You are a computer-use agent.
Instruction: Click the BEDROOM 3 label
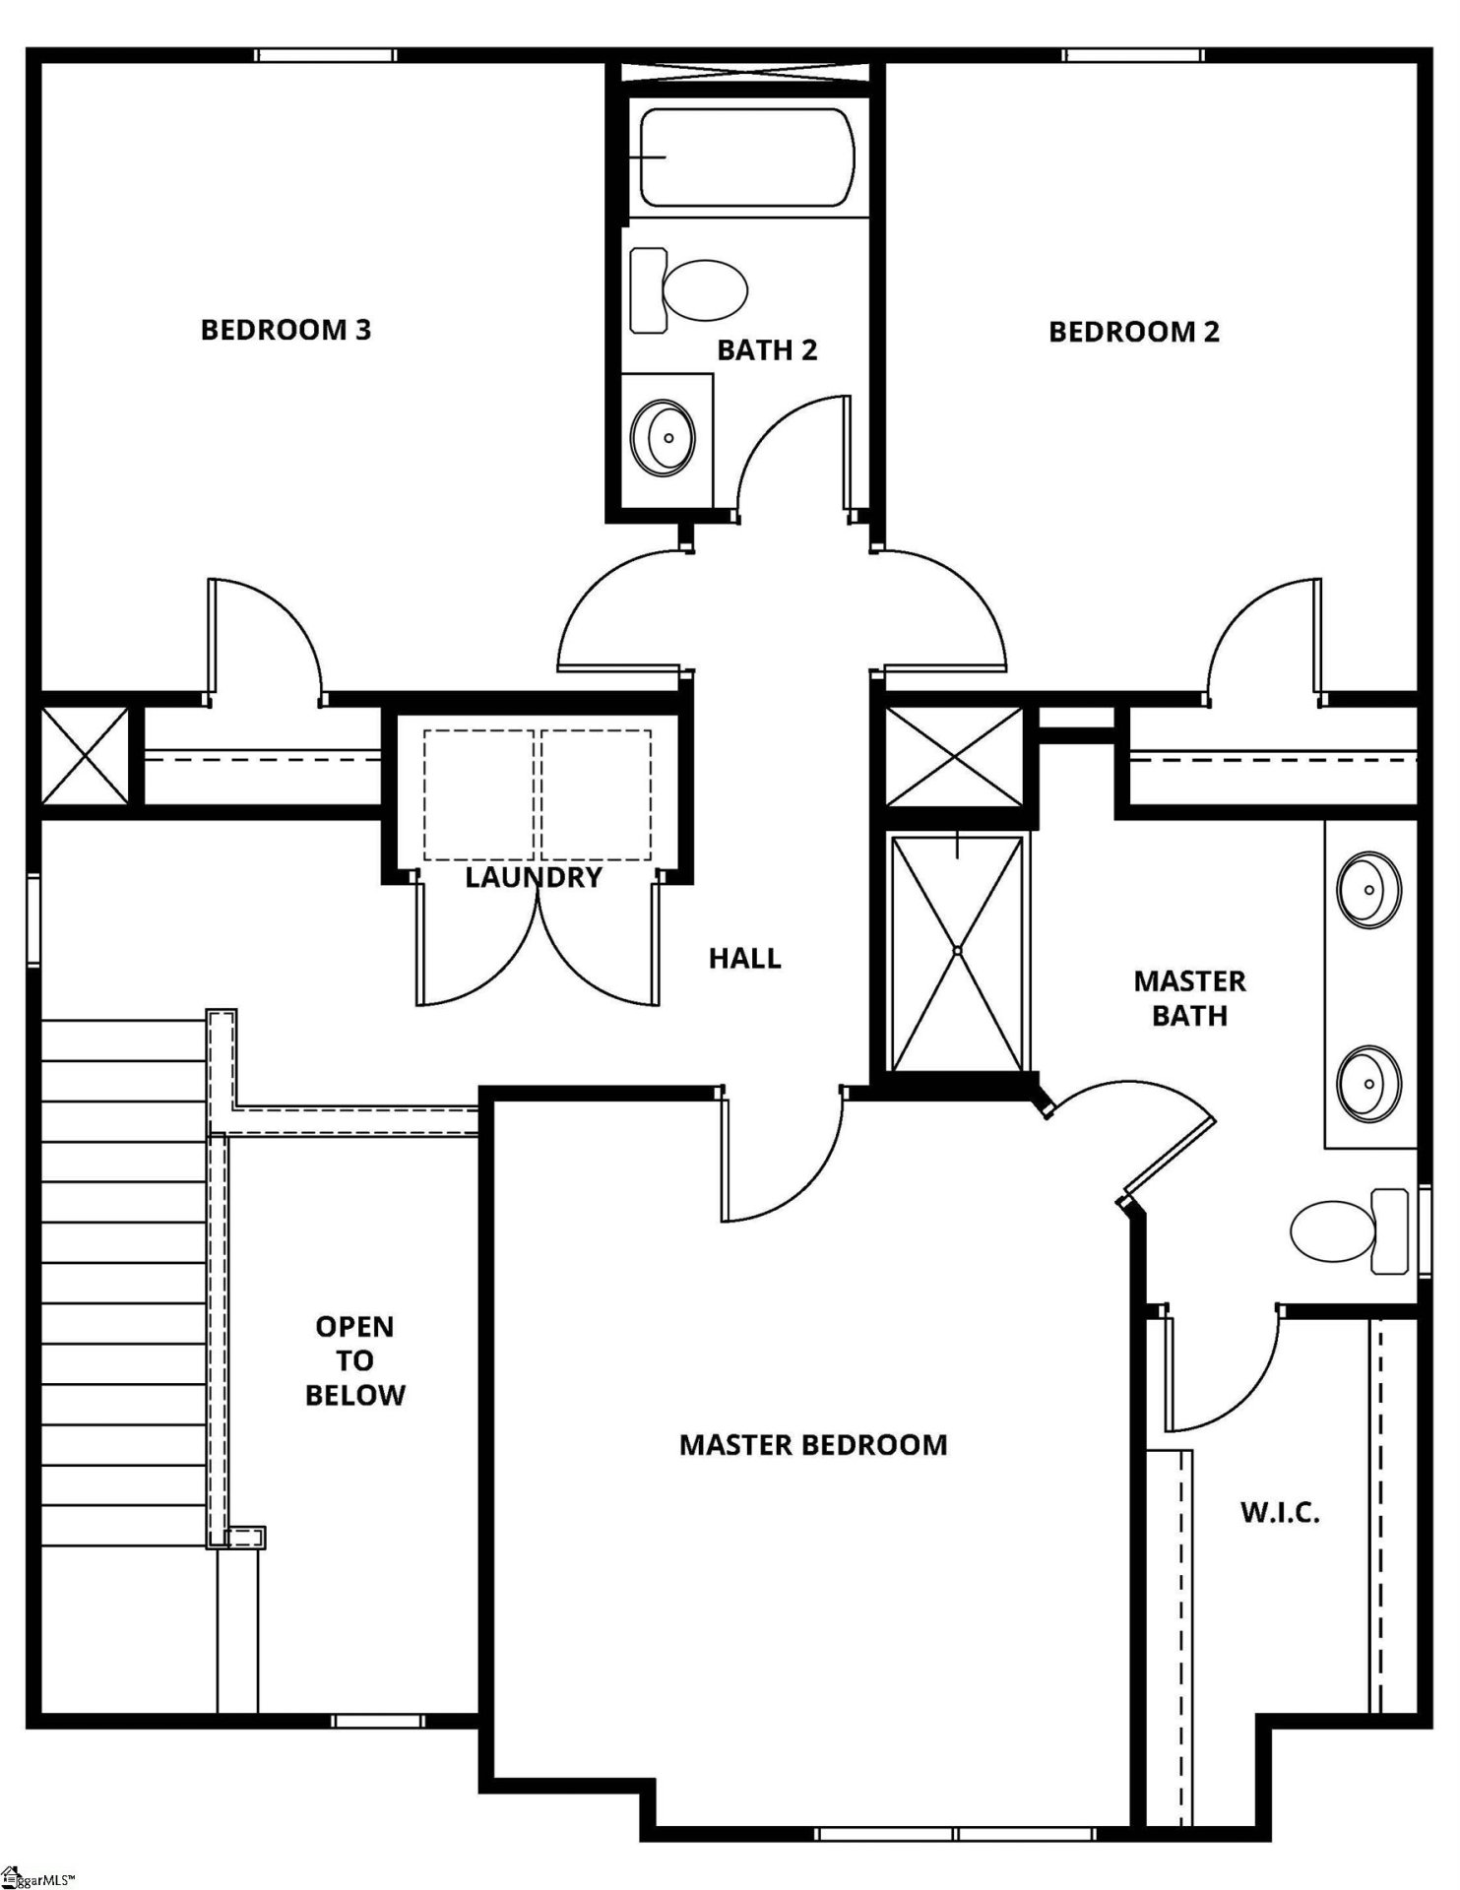pos(286,330)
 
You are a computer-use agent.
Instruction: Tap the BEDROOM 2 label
pos(1133,332)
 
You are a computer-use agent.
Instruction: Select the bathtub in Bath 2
pos(747,157)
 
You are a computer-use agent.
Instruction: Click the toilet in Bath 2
pos(690,290)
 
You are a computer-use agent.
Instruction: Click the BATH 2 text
pos(767,350)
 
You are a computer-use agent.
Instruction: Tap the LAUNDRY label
pos(533,877)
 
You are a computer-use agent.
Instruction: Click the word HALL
pos(744,958)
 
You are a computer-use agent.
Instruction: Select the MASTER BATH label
pos(1189,997)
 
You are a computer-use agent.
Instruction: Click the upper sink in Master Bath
pos(1368,890)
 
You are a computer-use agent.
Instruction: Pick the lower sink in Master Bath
pos(1368,1082)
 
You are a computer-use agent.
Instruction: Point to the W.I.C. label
pos(1279,1512)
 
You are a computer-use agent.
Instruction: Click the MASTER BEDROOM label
pos(813,1445)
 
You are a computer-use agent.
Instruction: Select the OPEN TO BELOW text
pos(354,1360)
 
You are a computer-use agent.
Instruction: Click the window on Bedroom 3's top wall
pos(326,55)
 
